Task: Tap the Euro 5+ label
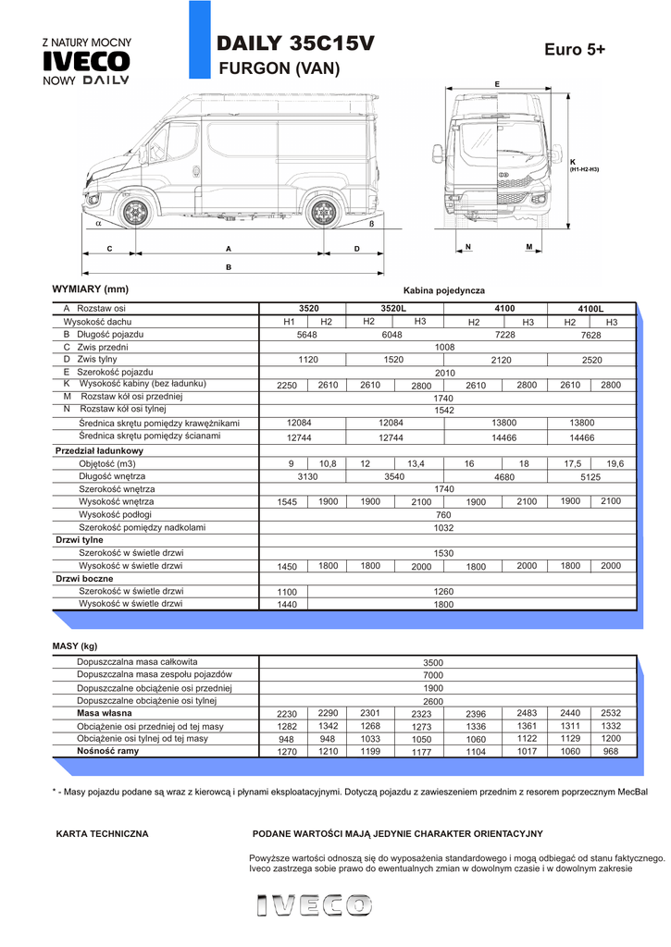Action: pyautogui.click(x=575, y=50)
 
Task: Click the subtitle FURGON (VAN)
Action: pyautogui.click(x=279, y=68)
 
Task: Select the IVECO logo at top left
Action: pyautogui.click(x=87, y=62)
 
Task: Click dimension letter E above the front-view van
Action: pyautogui.click(x=497, y=84)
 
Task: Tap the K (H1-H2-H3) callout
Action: pyautogui.click(x=583, y=166)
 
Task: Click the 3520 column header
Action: pyautogui.click(x=308, y=308)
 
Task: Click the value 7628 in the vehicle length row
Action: pyautogui.click(x=590, y=335)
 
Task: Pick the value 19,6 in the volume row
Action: pyautogui.click(x=615, y=463)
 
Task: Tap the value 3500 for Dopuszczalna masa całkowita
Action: pyautogui.click(x=433, y=662)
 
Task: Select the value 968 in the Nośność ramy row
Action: pyautogui.click(x=611, y=752)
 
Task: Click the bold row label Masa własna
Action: pyautogui.click(x=103, y=713)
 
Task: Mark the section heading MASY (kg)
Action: pyautogui.click(x=75, y=646)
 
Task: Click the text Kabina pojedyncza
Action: pyautogui.click(x=444, y=290)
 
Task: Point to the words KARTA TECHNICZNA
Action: pyautogui.click(x=103, y=833)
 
